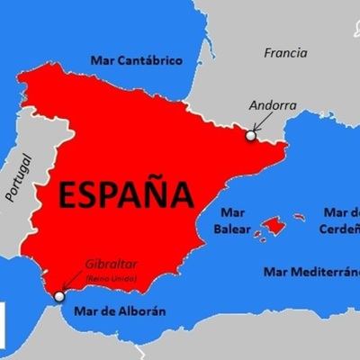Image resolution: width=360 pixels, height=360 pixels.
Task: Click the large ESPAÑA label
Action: tap(127, 193)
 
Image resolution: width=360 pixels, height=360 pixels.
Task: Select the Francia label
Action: tap(286, 53)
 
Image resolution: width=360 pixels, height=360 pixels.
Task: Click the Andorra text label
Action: tap(272, 104)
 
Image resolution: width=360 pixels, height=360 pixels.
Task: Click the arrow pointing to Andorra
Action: tap(259, 123)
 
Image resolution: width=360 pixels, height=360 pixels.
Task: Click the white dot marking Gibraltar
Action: tap(59, 295)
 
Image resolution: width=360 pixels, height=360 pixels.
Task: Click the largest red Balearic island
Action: tap(274, 226)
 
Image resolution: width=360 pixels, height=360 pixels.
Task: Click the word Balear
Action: tap(229, 229)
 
